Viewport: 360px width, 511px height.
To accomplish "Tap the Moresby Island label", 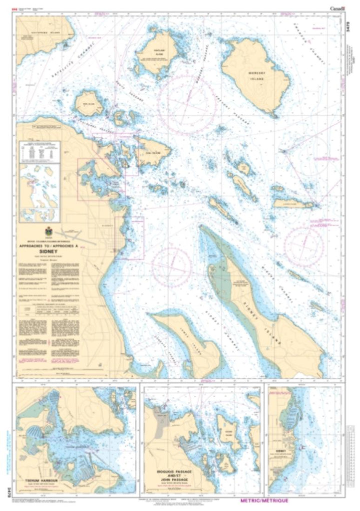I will pos(261,73).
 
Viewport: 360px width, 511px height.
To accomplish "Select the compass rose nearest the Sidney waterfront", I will pos(171,264).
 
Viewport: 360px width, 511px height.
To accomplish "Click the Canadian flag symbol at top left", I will pos(20,7).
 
